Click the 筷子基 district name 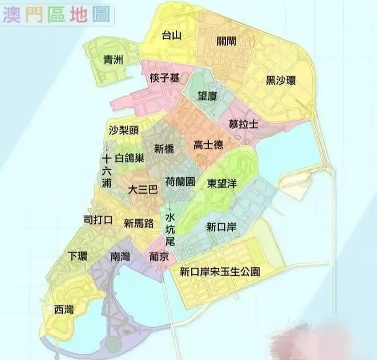click(x=165, y=78)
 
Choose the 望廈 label click(x=207, y=96)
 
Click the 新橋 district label click(x=164, y=149)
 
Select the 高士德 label click(x=208, y=145)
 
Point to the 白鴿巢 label click(x=130, y=158)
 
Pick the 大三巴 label click(x=143, y=189)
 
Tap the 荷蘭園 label click(x=180, y=182)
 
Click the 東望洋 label click(x=222, y=184)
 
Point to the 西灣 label click(x=64, y=310)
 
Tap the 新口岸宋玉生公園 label click(x=220, y=272)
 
